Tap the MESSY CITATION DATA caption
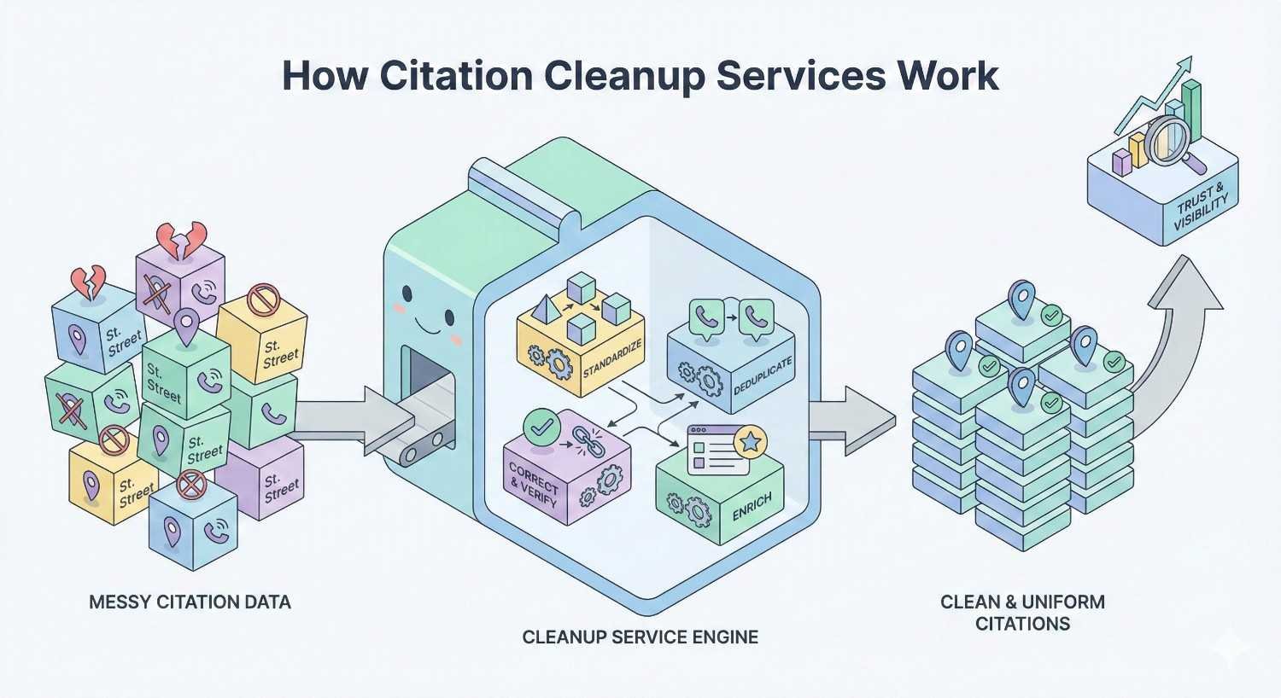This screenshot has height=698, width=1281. pos(190,602)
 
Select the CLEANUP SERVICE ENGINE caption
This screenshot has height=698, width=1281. pos(640,637)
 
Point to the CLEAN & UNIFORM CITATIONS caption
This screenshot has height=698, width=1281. pos(1022,613)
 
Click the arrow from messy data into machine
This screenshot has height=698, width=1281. pos(342,418)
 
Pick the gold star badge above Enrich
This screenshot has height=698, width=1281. pos(750,442)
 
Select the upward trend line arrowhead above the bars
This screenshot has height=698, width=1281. pos(1184,64)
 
